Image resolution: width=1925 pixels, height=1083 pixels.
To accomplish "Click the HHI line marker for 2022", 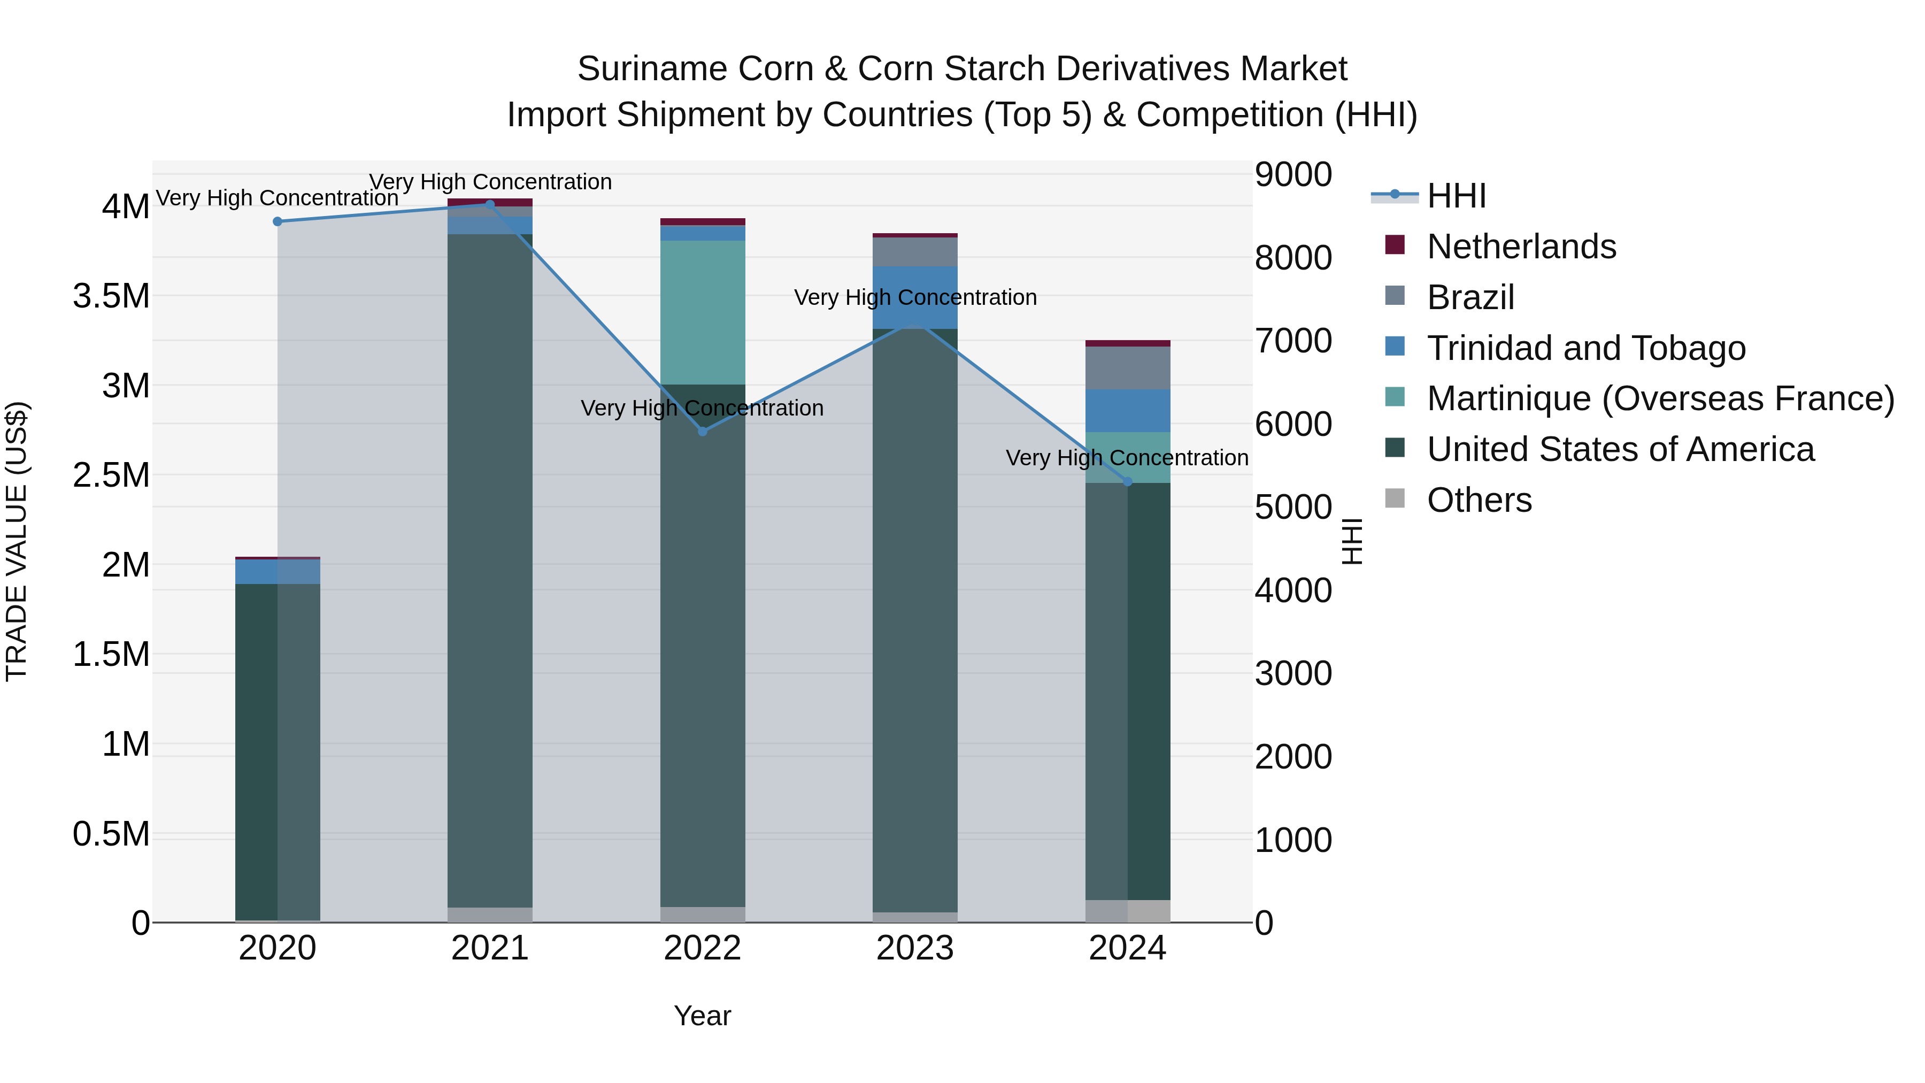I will point(703,431).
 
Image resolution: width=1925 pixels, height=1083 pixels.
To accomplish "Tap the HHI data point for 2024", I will point(1128,482).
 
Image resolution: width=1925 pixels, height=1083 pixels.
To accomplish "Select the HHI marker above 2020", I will point(277,221).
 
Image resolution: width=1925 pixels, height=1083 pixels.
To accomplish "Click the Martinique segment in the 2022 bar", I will point(703,312).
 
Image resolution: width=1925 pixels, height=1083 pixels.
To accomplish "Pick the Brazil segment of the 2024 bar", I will point(1128,368).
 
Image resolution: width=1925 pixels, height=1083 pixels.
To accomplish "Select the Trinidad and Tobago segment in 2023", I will point(915,297).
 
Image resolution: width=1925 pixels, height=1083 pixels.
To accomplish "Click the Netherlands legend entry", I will point(1521,247).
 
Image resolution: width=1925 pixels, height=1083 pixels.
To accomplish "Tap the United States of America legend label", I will point(1620,449).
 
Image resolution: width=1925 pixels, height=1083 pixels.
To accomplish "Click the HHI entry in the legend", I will point(1456,196).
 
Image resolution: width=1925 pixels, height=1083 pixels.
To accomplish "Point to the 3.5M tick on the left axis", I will point(111,296).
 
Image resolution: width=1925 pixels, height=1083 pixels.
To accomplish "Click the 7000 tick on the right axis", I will point(1293,341).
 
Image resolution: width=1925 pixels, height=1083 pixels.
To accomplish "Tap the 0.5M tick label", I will point(111,834).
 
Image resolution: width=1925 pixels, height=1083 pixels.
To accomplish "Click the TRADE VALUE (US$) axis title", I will point(17,541).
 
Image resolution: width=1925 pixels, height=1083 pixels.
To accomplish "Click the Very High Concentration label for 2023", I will point(915,297).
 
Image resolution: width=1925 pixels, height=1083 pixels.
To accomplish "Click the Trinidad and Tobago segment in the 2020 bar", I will point(277,572).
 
